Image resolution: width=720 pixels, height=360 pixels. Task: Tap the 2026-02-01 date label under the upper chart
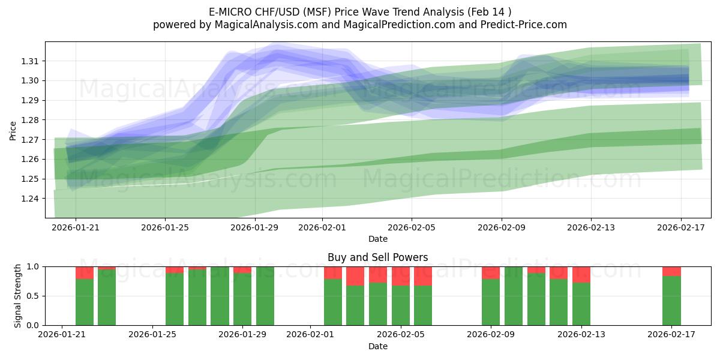pos(321,227)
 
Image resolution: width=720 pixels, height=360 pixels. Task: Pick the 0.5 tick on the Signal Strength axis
pos(34,296)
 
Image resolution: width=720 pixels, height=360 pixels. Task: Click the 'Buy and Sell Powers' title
pos(377,257)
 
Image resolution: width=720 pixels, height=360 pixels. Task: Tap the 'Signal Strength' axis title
pos(18,295)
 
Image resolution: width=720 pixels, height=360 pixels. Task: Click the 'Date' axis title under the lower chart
pos(377,346)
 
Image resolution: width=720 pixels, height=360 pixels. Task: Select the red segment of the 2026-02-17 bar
pos(671,271)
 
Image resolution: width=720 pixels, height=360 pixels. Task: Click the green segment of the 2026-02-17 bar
pos(671,300)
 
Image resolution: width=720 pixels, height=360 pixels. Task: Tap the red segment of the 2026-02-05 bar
pos(423,276)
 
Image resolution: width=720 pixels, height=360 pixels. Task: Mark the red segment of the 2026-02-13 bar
pos(581,274)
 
